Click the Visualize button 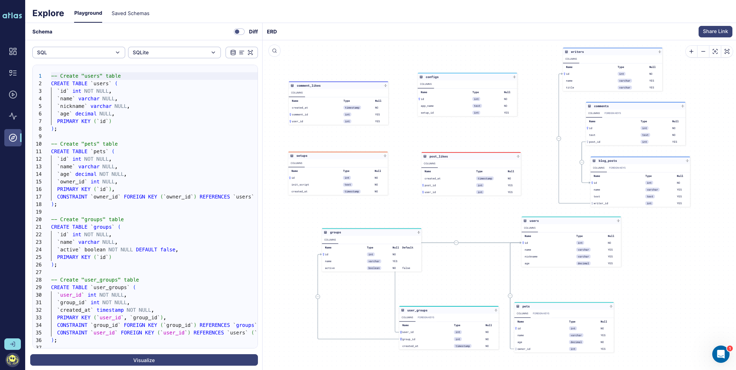[x=144, y=360]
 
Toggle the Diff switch [x=239, y=32]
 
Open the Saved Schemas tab [x=130, y=13]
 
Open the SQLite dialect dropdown [x=174, y=52]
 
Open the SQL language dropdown [x=78, y=52]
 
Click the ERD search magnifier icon [x=274, y=51]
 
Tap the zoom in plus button [x=691, y=51]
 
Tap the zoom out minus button [x=703, y=51]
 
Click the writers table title [x=577, y=52]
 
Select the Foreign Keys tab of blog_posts [x=617, y=168]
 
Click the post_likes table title [x=438, y=156]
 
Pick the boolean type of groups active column [x=374, y=268]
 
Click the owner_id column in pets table [x=524, y=349]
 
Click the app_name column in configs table [x=427, y=106]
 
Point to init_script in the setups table [x=300, y=185]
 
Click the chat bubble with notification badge [x=721, y=354]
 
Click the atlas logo [x=12, y=15]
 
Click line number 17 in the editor [x=38, y=197]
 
